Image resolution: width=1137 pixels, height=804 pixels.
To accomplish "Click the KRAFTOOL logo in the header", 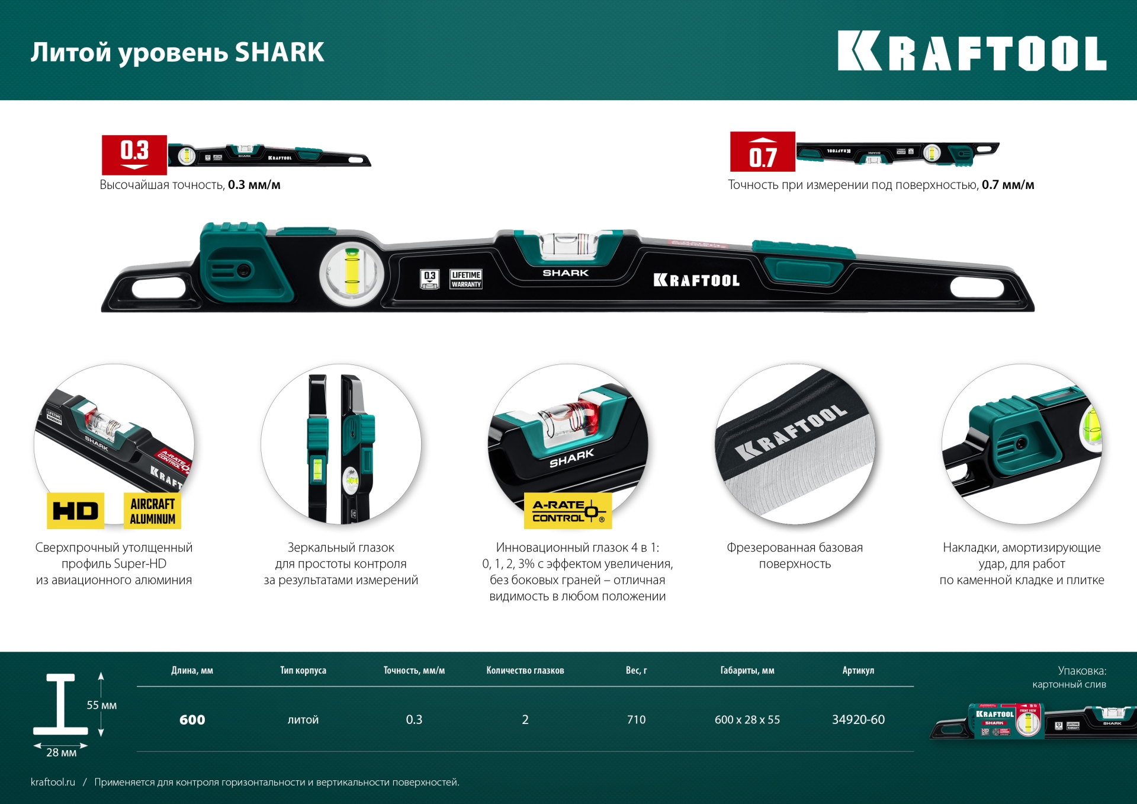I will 971,52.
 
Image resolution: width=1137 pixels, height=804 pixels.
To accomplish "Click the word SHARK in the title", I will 280,52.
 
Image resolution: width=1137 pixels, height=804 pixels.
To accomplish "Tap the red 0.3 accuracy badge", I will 134,154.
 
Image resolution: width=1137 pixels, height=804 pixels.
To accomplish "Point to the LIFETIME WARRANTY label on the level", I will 466,279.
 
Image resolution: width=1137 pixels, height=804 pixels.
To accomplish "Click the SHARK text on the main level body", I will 566,273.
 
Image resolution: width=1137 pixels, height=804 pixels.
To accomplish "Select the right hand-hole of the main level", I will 977,288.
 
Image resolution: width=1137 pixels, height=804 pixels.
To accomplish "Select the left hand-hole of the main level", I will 159,288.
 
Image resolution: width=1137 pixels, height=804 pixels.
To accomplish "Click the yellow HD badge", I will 75,511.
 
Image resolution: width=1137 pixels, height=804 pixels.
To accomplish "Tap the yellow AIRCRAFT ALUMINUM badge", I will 152,511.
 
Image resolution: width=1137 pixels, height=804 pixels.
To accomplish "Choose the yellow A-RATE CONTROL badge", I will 567,511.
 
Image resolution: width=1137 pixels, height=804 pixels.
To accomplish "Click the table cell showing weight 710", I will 636,719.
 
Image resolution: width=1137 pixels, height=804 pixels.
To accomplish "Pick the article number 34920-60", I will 858,719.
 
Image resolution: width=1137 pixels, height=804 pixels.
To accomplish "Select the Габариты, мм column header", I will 747,670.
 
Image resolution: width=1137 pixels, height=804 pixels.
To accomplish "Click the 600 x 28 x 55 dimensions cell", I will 747,719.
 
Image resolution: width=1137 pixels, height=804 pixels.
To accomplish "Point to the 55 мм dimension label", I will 101,705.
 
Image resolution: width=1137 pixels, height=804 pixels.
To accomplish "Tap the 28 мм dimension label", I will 61,752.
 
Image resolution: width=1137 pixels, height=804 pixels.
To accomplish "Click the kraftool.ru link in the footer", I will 53,782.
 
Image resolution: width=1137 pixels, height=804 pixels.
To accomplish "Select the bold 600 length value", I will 192,720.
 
